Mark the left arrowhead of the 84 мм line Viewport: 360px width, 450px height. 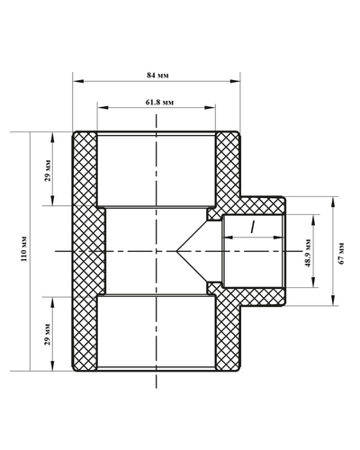76,81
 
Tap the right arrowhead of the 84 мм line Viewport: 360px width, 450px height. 237,81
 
